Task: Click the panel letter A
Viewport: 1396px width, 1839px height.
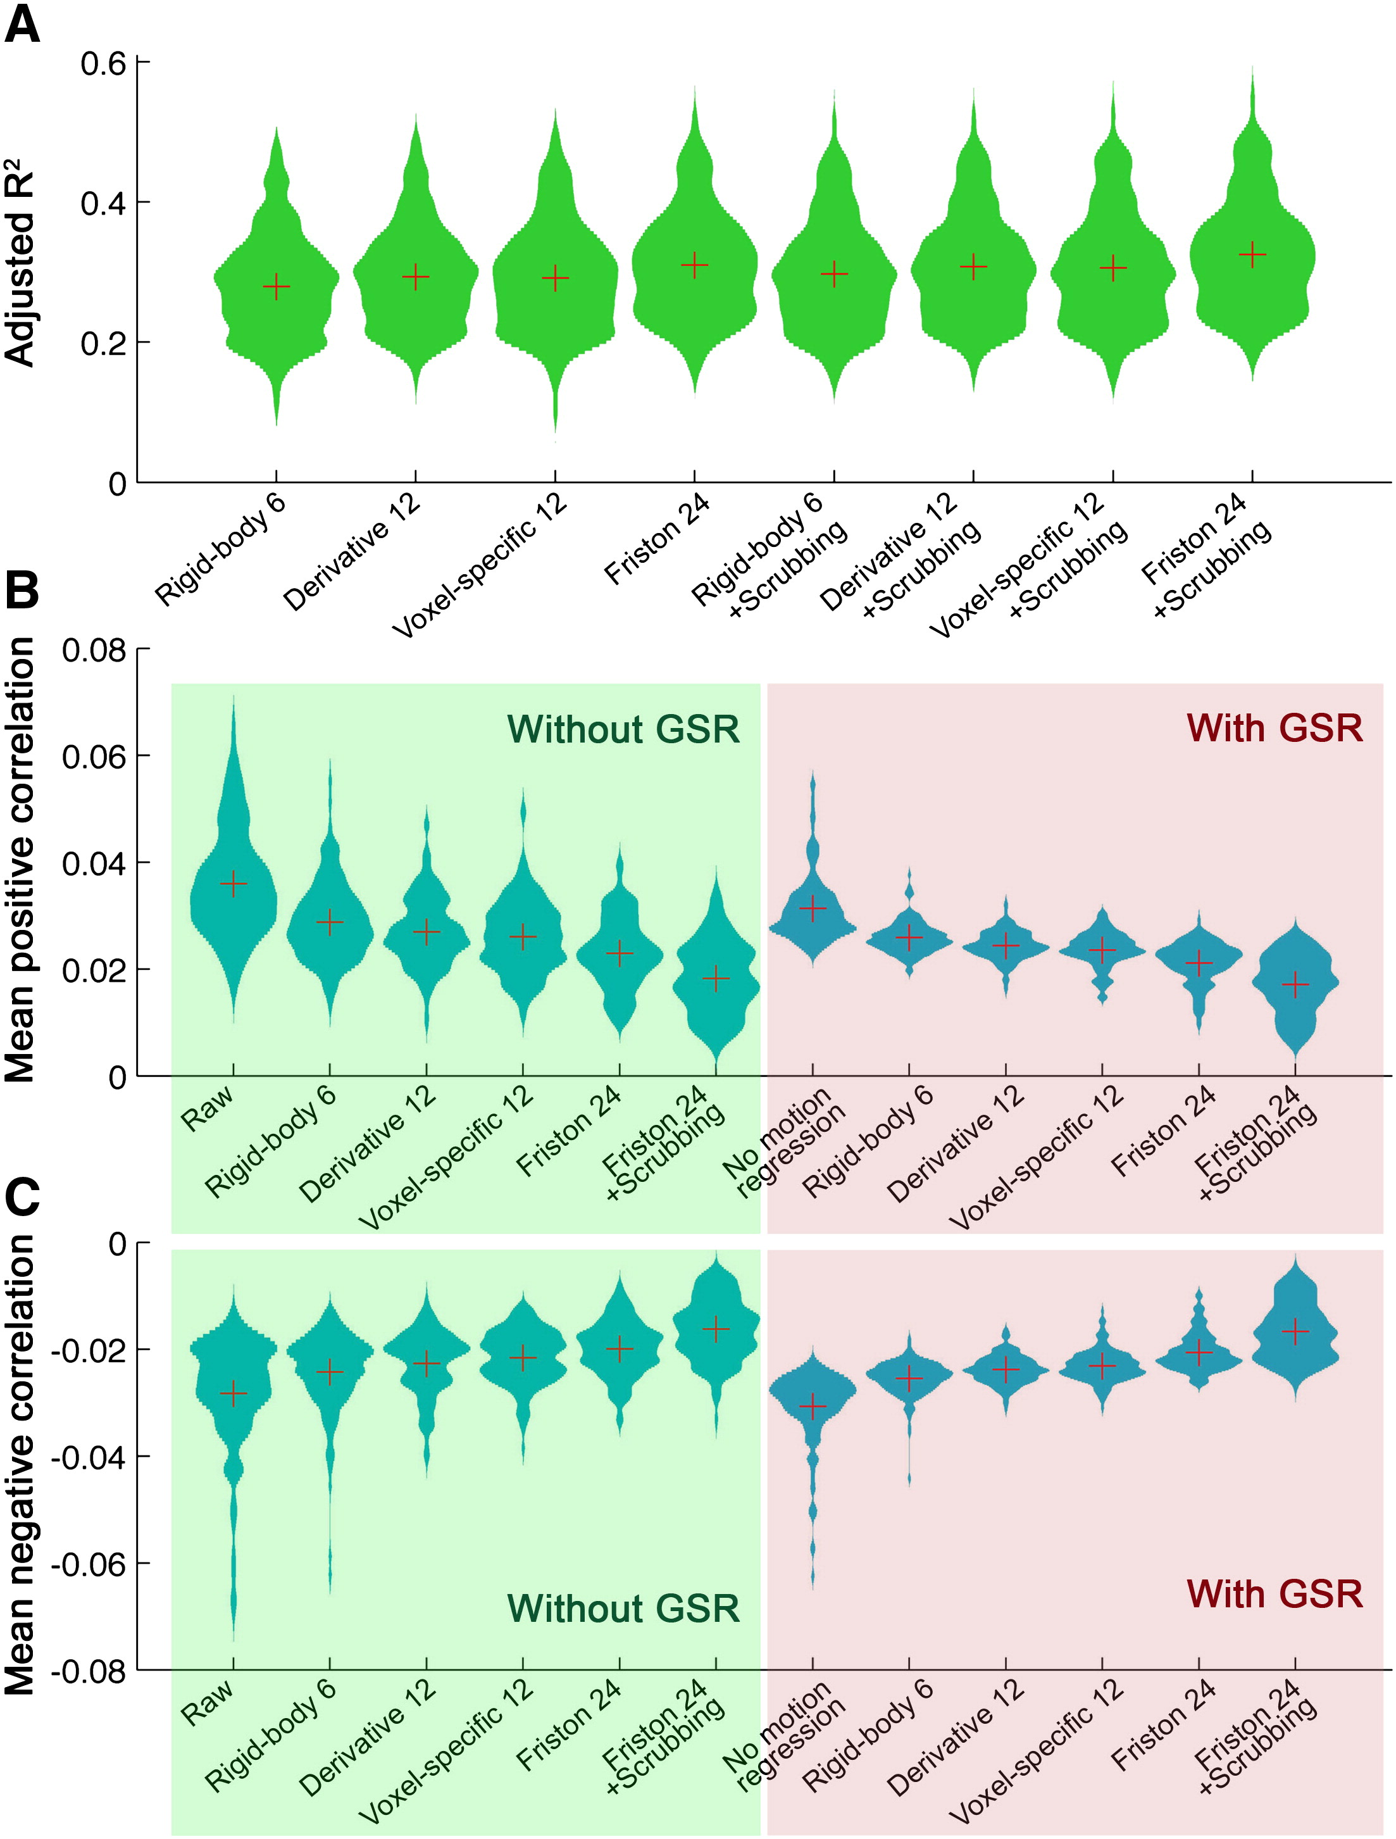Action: [x=22, y=25]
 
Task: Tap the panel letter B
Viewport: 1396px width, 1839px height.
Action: [x=22, y=591]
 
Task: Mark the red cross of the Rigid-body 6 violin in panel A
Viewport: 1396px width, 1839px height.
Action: [x=277, y=287]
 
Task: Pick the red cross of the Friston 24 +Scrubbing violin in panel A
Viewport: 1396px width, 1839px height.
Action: [x=1252, y=254]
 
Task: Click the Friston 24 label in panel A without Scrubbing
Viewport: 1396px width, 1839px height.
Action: [x=656, y=539]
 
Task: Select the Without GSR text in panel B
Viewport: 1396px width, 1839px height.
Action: [x=623, y=729]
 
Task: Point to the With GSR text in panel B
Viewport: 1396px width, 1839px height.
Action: [x=1274, y=728]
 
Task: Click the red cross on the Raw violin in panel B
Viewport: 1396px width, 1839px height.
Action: [x=234, y=884]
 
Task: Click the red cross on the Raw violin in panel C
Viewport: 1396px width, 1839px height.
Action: [x=234, y=1393]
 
